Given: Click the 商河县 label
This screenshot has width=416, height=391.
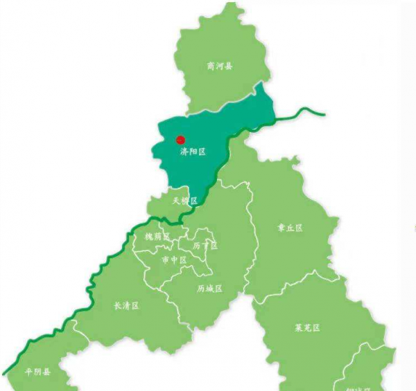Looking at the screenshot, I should click(219, 66).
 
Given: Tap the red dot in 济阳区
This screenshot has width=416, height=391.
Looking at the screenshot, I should click(180, 139).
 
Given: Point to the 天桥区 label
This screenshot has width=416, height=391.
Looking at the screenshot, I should click(185, 201).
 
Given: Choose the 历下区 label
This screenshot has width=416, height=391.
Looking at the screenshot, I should click(205, 246).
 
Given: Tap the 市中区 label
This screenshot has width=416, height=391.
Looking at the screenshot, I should click(173, 260).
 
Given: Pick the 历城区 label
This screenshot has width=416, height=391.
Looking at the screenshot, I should click(209, 288).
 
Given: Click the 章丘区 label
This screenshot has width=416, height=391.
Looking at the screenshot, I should click(290, 228).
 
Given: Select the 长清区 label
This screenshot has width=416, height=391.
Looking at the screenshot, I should click(126, 305).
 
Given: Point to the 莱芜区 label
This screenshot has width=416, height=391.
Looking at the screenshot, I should click(307, 328).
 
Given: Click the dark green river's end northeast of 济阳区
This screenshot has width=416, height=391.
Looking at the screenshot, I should click(324, 113).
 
